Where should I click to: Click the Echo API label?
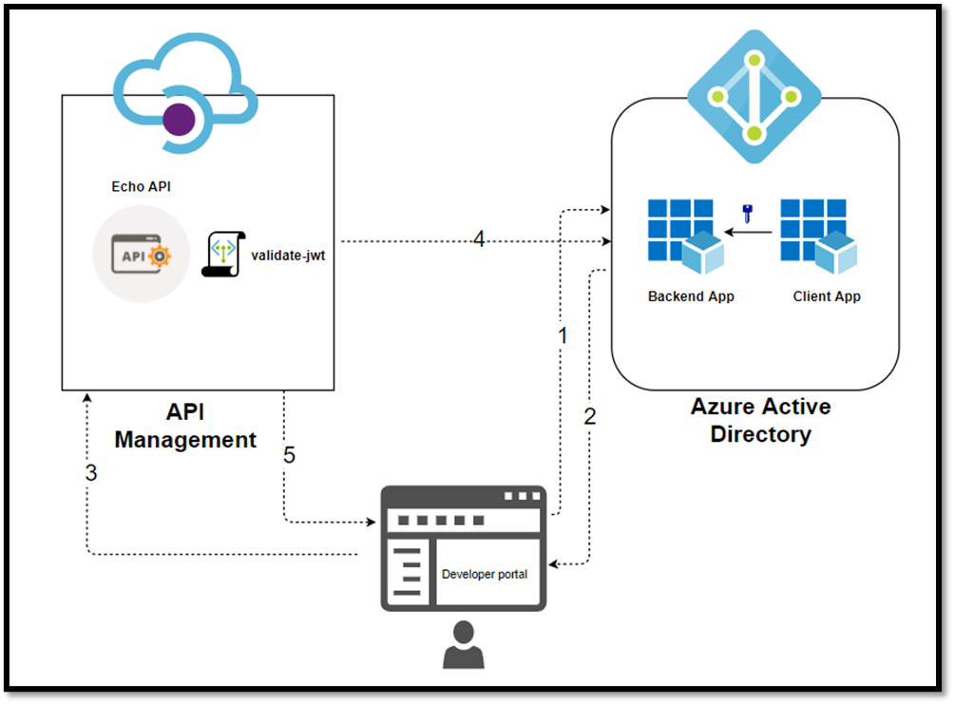pos(141,186)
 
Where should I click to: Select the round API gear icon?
pos(141,254)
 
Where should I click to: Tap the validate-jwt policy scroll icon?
pos(223,254)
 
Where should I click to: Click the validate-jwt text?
pos(288,255)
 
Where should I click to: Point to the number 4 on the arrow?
pos(479,240)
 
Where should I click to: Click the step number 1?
pos(563,335)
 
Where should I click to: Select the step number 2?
pos(589,416)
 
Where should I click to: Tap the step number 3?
pos(91,472)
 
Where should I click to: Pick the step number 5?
pos(289,455)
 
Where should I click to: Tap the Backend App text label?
pos(691,296)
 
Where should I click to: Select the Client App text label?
pos(827,296)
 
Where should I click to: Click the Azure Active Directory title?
pos(760,421)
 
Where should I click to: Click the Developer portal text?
pos(485,575)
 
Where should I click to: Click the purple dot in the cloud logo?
pos(180,120)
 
